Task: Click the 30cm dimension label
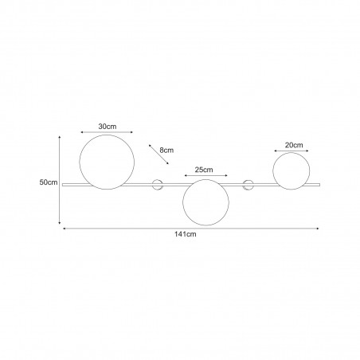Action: click(108, 127)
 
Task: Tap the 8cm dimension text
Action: click(166, 151)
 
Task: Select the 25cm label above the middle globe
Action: click(204, 170)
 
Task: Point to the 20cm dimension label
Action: click(294, 145)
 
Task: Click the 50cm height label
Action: click(49, 182)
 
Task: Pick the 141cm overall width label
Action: click(186, 234)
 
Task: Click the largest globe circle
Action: click(80, 162)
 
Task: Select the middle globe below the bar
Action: click(182, 202)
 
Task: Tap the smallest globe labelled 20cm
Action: click(273, 171)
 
